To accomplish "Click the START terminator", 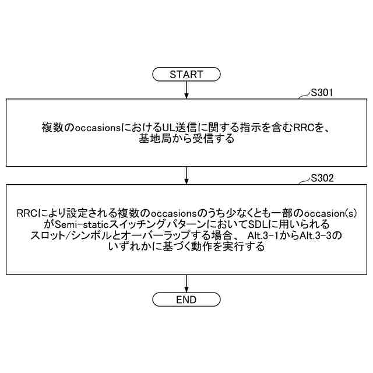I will (x=186, y=74).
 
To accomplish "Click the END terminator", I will (x=186, y=300).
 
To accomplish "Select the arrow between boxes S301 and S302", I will (x=186, y=175).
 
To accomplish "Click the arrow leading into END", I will (x=186, y=283).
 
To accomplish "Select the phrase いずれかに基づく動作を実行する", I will (x=186, y=247).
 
